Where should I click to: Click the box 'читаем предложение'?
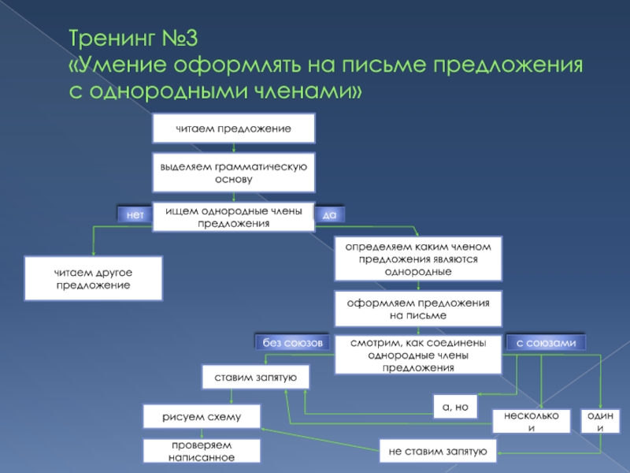tap(233, 128)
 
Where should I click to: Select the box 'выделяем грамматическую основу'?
tap(233, 173)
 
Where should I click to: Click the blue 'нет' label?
tap(134, 214)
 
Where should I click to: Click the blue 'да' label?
tap(330, 214)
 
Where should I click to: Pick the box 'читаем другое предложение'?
tap(93, 277)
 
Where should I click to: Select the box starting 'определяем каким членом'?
tap(417, 259)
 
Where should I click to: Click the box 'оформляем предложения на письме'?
tap(417, 309)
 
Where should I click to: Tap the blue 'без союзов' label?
tap(288, 343)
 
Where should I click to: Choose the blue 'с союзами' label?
tap(547, 343)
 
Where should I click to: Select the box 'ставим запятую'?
tap(255, 378)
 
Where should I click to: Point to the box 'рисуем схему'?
tap(202, 416)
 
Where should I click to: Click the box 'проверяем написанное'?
tap(202, 451)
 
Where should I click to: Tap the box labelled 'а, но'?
tap(455, 405)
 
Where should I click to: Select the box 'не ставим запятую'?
tap(437, 451)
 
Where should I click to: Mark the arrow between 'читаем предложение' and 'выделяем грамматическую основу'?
tap(233, 147)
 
